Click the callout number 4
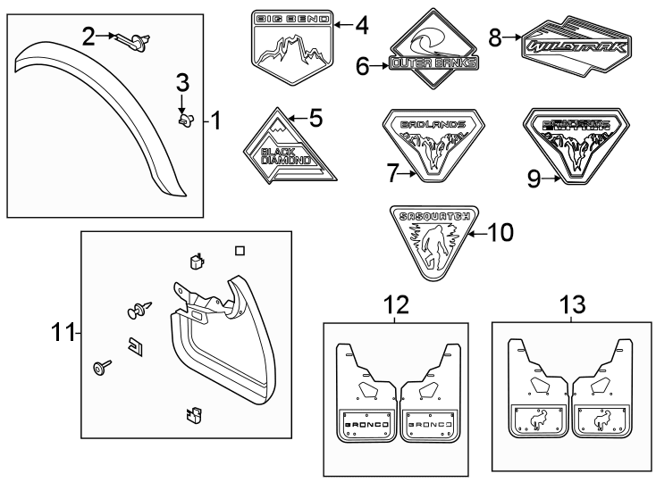361,25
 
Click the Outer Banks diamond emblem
431,52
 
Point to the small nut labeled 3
186,119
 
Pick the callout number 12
396,305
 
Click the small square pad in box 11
239,252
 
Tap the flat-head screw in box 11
99,366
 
